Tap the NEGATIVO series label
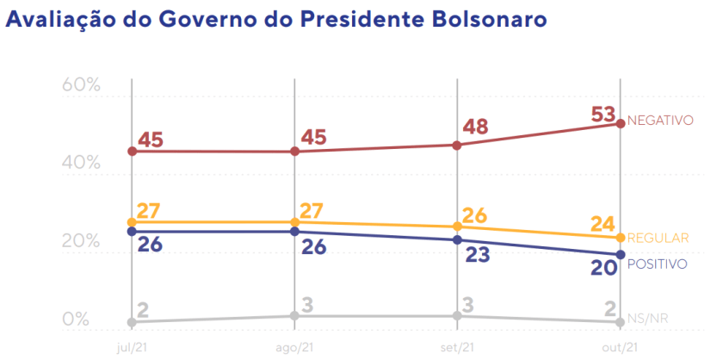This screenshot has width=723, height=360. point(660,121)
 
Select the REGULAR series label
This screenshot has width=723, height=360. point(660,239)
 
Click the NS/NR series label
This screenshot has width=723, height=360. point(649,319)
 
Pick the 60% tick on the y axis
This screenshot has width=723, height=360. point(82,85)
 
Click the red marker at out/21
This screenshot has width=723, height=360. point(620,124)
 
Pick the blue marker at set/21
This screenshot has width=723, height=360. point(457,239)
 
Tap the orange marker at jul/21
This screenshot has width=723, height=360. point(131,222)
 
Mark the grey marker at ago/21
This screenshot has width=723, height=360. point(294,316)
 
